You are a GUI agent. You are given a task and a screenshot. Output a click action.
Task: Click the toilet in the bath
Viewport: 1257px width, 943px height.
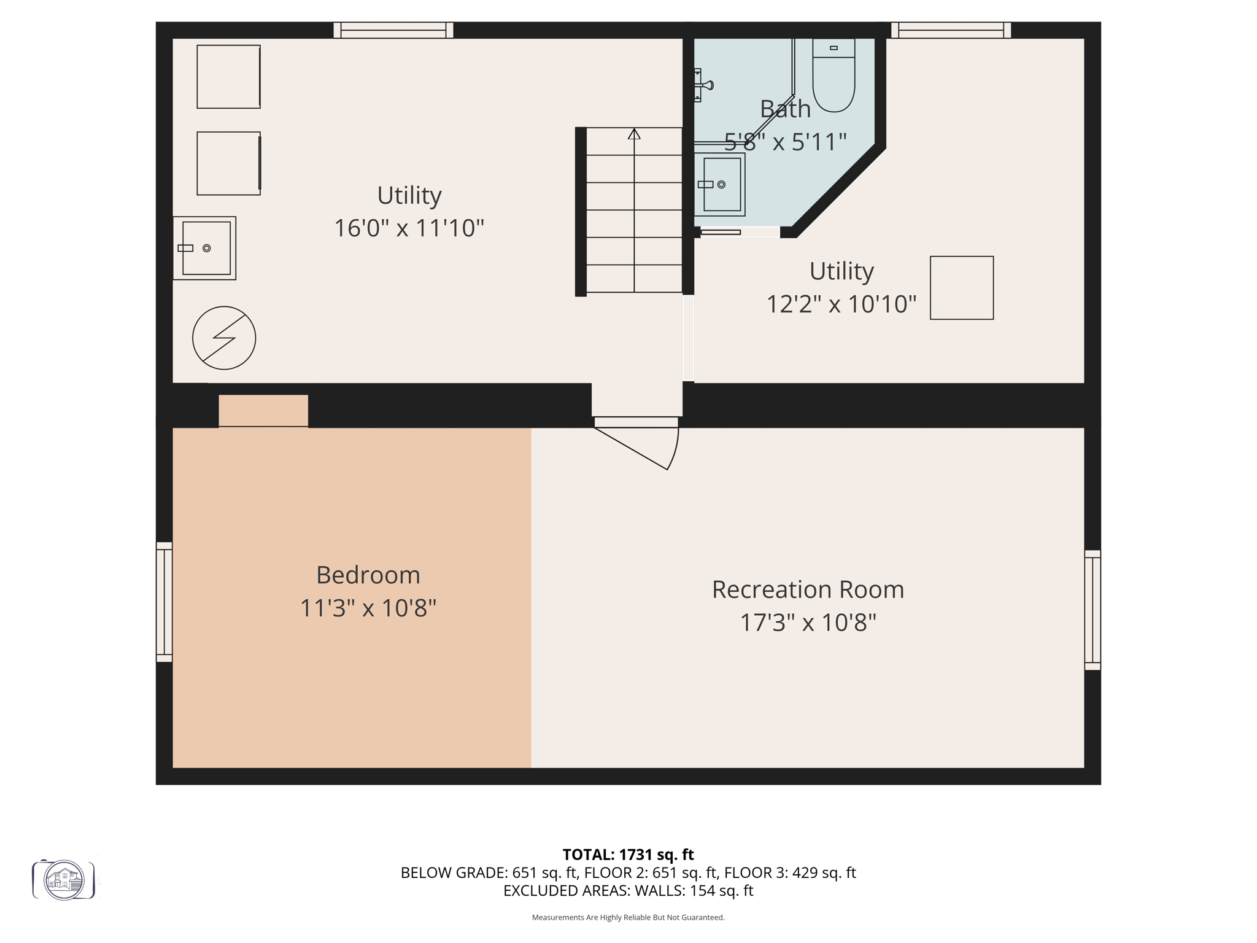pos(833,77)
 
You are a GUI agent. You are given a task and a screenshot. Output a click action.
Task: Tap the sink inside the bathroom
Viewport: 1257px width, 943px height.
pos(721,184)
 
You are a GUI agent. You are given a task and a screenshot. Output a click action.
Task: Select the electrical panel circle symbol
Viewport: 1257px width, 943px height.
pos(224,338)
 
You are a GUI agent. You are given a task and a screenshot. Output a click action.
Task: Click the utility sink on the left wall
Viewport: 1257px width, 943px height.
pos(205,248)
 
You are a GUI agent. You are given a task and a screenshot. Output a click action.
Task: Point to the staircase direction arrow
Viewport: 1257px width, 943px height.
pos(634,134)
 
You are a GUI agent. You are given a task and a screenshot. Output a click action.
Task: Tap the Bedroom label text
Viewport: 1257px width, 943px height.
pos(368,575)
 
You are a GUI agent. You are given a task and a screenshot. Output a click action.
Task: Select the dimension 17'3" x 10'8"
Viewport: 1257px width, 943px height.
pos(808,623)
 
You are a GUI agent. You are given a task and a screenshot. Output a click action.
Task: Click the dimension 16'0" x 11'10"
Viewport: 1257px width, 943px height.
pos(409,228)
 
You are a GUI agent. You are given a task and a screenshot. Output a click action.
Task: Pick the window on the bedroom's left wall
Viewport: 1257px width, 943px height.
pos(164,602)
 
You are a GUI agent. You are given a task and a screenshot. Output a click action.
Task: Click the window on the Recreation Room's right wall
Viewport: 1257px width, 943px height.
pos(1093,610)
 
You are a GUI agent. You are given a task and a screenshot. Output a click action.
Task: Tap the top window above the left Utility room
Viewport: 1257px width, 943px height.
pos(393,30)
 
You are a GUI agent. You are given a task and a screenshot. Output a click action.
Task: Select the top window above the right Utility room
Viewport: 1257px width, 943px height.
pos(951,30)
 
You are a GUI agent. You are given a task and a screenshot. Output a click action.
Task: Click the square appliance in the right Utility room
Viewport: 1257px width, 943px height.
pos(962,288)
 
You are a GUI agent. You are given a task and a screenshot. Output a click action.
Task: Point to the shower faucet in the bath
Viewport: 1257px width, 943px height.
pos(704,85)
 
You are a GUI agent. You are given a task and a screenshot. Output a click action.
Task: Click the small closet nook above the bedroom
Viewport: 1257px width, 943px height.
pos(263,410)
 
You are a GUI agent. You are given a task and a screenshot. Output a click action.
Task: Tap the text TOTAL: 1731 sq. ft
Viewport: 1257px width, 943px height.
pos(628,855)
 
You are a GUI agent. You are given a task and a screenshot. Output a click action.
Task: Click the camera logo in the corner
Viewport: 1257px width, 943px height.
pos(64,880)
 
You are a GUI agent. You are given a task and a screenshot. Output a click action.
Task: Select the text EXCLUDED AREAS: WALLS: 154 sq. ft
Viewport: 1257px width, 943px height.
pos(628,891)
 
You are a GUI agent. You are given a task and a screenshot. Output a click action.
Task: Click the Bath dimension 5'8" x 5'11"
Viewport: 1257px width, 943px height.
pos(786,142)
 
